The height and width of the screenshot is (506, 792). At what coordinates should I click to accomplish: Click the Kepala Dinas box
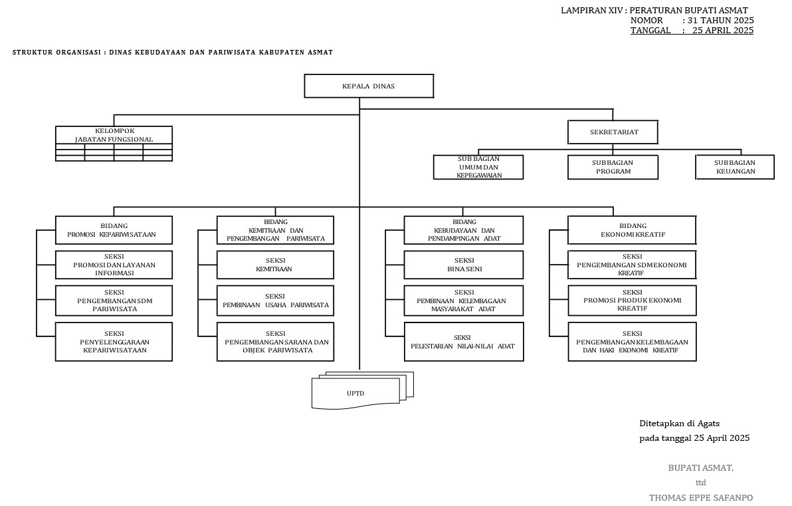tap(369, 86)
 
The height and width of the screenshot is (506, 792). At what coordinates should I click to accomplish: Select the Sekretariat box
tap(613, 132)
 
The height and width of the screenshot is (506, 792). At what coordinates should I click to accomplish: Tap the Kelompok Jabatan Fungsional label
tap(114, 135)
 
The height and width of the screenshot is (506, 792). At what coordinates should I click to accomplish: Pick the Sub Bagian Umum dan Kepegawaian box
tap(478, 167)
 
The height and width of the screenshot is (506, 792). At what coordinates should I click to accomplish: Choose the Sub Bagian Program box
tap(613, 167)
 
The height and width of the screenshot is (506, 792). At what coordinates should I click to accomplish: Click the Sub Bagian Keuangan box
tap(735, 167)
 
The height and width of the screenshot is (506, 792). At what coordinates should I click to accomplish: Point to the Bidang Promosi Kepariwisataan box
tap(114, 230)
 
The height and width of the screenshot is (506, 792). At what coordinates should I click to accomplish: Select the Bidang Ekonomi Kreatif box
tap(632, 230)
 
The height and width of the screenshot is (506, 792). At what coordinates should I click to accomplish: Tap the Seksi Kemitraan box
tap(275, 265)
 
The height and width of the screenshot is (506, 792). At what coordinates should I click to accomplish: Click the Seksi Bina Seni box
tap(464, 265)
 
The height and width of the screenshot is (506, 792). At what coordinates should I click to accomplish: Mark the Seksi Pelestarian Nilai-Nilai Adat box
tap(464, 342)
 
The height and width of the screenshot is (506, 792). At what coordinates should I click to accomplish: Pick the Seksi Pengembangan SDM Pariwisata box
tap(114, 301)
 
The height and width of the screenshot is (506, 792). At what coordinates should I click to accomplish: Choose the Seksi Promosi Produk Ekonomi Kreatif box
tap(632, 301)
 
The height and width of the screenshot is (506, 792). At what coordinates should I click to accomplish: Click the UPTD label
tap(355, 393)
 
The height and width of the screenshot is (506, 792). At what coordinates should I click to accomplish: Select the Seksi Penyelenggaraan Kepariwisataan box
tap(114, 342)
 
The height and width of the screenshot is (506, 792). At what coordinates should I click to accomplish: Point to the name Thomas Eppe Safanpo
tap(701, 497)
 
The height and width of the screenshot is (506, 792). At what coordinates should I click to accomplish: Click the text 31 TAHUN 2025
tap(721, 21)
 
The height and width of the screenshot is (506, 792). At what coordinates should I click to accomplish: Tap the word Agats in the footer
tap(708, 423)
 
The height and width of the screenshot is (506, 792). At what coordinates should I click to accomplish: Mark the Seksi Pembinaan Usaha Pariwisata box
tap(275, 301)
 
